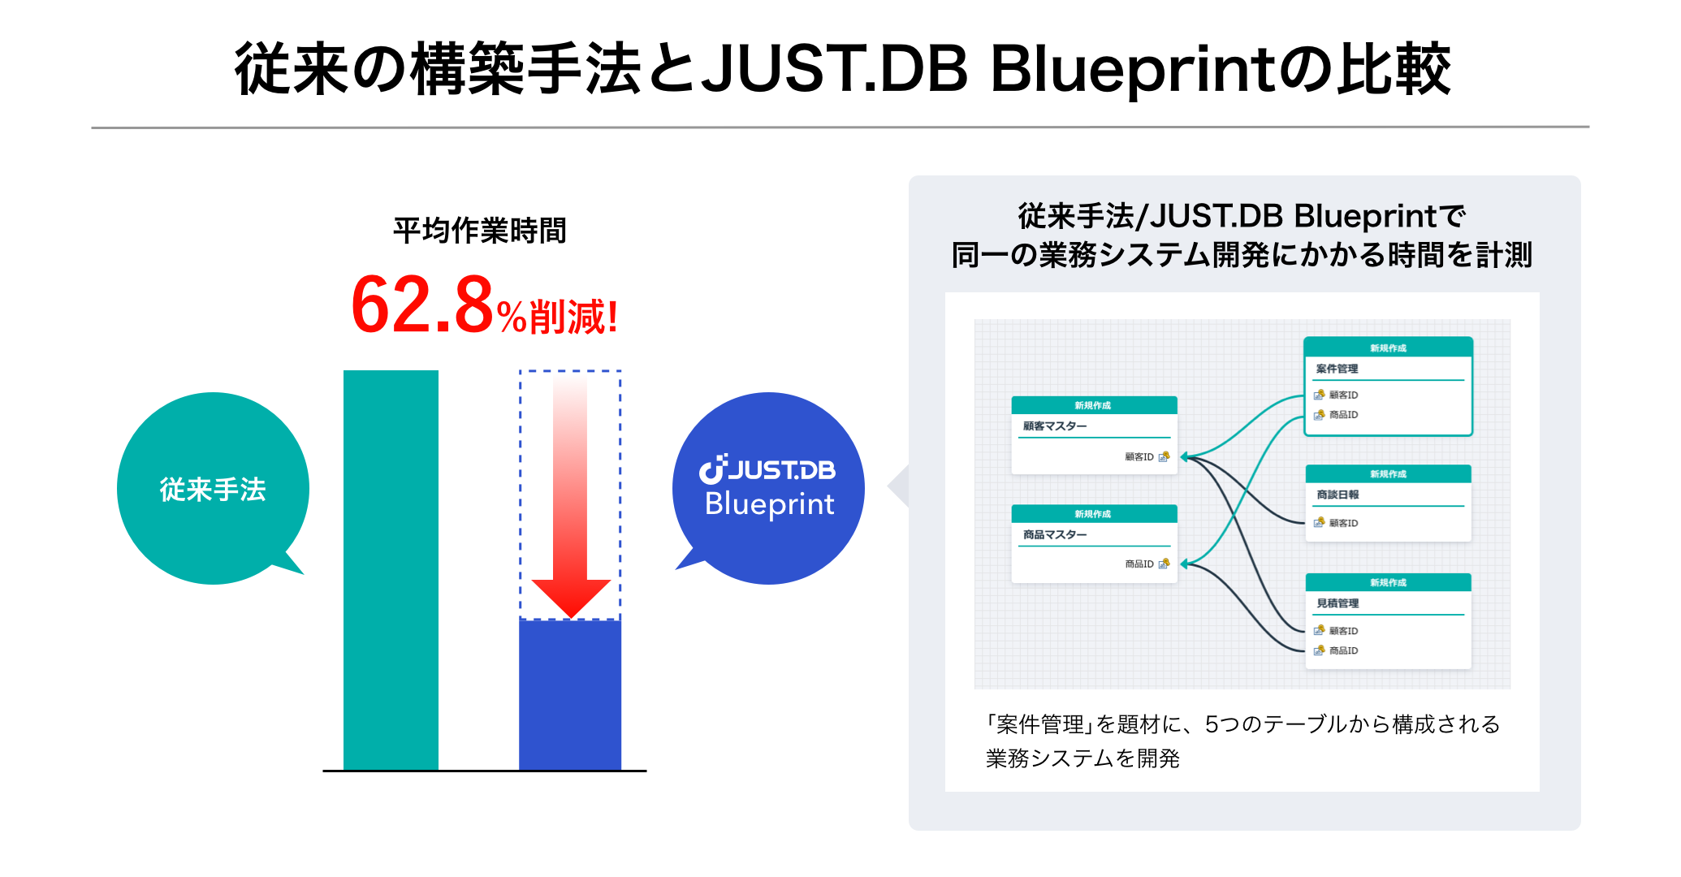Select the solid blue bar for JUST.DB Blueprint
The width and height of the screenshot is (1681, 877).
570,695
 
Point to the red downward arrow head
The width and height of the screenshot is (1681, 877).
571,598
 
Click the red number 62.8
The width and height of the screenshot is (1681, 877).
422,306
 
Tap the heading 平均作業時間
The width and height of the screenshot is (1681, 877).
479,231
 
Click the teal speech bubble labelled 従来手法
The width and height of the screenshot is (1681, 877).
213,489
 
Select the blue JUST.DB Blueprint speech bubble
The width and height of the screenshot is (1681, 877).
768,488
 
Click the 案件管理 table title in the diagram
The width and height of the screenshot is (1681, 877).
1337,369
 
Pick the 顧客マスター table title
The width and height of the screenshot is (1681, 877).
1054,426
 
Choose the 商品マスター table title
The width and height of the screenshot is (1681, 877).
1054,535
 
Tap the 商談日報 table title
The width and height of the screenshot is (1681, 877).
1337,495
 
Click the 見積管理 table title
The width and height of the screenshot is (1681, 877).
1337,603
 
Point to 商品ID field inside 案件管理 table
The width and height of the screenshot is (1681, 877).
1343,415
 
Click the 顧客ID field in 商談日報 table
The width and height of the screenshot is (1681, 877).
1343,523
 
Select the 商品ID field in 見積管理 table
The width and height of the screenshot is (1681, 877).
1343,650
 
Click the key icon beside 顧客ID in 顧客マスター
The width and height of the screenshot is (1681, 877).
1164,456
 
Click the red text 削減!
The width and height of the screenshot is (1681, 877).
573,317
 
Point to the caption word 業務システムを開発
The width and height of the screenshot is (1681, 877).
1082,758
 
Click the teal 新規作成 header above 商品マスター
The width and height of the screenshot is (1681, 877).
1093,514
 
